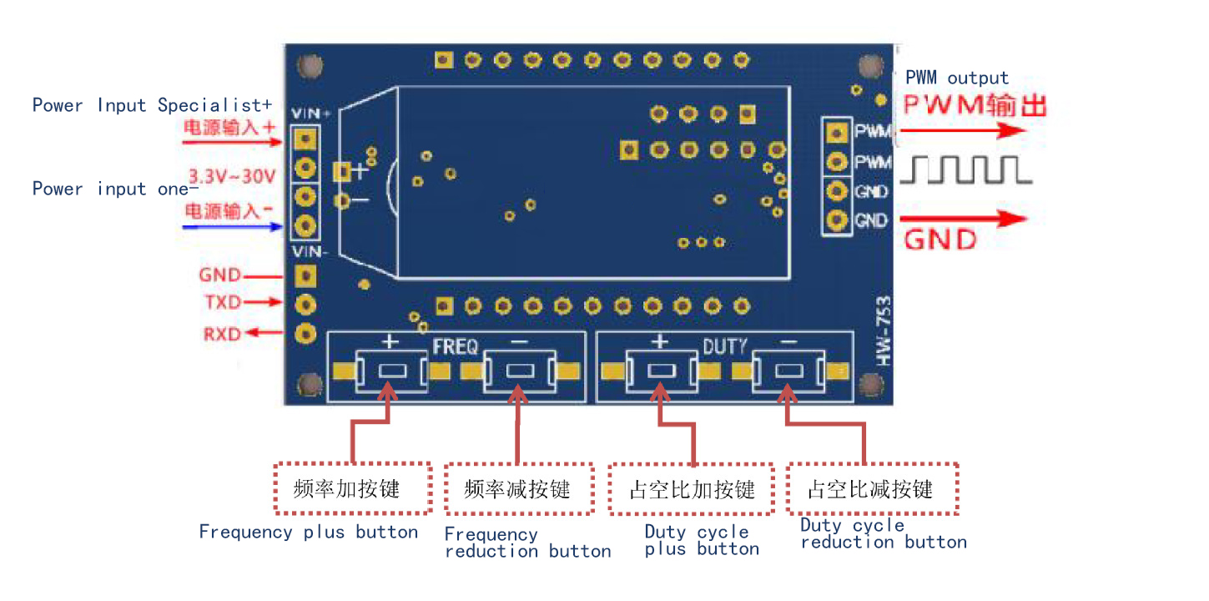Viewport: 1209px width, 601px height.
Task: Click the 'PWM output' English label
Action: pyautogui.click(x=956, y=78)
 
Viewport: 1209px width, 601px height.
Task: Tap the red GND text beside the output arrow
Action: pyautogui.click(x=940, y=240)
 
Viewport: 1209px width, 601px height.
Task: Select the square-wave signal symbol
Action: pyautogui.click(x=966, y=170)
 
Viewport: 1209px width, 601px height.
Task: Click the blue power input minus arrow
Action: pyautogui.click(x=233, y=227)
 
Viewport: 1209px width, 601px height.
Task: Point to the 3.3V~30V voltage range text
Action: pyautogui.click(x=232, y=177)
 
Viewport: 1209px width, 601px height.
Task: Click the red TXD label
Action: pyautogui.click(x=223, y=302)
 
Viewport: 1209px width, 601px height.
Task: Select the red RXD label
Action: pyautogui.click(x=222, y=334)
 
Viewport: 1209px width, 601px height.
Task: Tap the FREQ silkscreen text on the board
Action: pyautogui.click(x=455, y=346)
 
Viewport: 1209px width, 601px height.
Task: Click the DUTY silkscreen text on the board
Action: pyautogui.click(x=725, y=346)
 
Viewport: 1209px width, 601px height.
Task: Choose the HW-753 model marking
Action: pyautogui.click(x=883, y=331)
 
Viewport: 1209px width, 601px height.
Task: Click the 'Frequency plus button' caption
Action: pyautogui.click(x=308, y=533)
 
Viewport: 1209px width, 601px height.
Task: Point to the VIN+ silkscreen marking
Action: pyautogui.click(x=310, y=114)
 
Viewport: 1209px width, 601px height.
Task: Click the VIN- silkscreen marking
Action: pyautogui.click(x=309, y=251)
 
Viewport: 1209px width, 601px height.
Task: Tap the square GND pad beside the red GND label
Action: pyautogui.click(x=305, y=276)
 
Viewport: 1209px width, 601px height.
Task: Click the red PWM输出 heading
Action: pyautogui.click(x=975, y=105)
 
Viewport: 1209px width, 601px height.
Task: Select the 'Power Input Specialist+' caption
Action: pyautogui.click(x=152, y=104)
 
